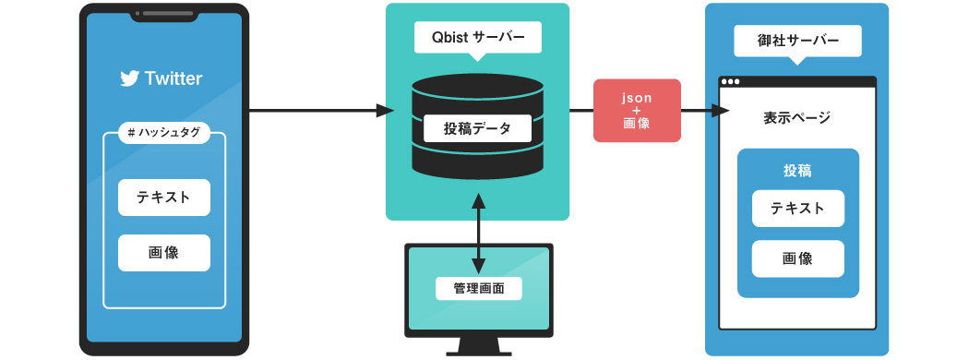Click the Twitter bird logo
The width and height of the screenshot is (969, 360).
[x=129, y=78]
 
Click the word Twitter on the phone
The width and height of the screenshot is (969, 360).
[x=173, y=78]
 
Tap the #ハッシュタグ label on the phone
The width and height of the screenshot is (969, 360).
[x=163, y=133]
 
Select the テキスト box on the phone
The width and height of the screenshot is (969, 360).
[x=163, y=197]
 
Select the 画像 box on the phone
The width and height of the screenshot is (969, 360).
[x=163, y=252]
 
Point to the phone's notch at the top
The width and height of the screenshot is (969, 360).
[x=163, y=14]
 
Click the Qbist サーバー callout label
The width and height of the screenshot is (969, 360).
[x=477, y=38]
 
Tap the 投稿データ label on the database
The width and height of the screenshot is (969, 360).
[x=477, y=127]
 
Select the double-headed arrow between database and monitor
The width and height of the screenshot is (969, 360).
[x=478, y=231]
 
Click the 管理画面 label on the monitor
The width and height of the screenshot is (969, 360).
[x=478, y=288]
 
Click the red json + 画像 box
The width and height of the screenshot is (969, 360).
[x=637, y=111]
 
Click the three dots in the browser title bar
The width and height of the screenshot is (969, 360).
[x=731, y=81]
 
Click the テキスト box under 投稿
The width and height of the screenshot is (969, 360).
[x=797, y=208]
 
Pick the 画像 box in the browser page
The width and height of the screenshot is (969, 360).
[x=797, y=258]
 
